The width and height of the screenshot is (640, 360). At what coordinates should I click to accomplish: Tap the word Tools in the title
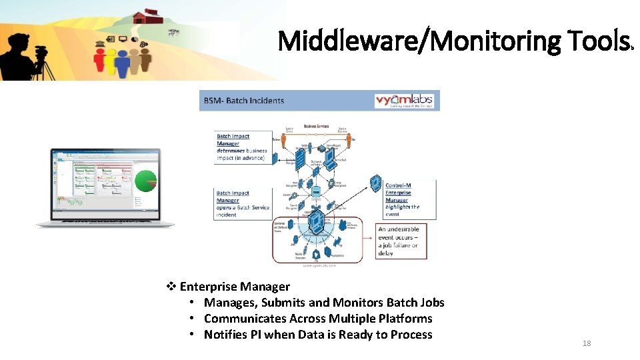tap(595, 41)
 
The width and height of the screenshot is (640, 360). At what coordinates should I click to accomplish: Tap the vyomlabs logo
tap(404, 101)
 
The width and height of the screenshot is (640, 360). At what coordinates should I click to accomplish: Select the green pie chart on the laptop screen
tap(146, 181)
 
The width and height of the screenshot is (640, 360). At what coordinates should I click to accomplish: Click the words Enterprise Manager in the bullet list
tap(235, 287)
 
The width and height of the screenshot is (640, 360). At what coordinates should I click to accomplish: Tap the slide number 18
tap(587, 343)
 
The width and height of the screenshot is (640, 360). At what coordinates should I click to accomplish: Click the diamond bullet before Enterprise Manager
tap(171, 287)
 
